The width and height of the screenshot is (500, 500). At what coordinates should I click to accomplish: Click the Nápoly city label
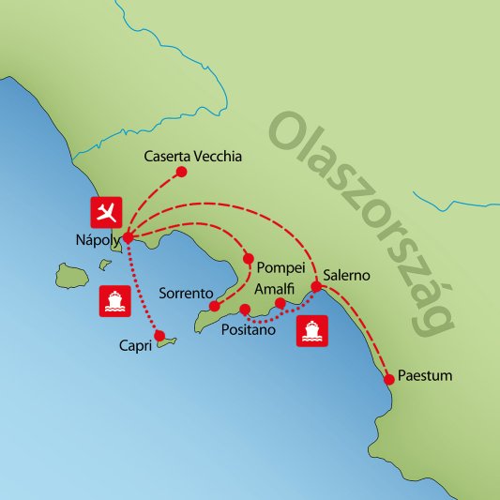[96, 238]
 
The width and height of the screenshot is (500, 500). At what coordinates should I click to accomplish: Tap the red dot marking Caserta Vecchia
[182, 172]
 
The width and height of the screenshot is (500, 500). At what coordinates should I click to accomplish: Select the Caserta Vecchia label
[193, 157]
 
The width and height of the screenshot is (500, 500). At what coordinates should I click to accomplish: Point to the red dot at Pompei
[248, 259]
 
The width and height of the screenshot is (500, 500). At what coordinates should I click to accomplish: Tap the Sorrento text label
[186, 292]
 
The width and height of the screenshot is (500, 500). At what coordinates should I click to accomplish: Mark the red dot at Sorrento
[215, 307]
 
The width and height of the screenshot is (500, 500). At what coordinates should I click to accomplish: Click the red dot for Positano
[245, 310]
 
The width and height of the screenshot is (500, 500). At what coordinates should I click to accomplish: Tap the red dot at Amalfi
[279, 304]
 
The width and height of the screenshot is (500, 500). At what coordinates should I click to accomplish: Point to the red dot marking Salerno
[316, 287]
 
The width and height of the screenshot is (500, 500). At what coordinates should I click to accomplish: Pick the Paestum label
[425, 376]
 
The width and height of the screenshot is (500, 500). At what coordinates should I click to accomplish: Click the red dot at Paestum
[389, 380]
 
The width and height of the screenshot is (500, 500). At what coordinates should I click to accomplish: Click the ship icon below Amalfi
[311, 332]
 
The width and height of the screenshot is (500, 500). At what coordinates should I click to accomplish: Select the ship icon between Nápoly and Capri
[112, 300]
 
